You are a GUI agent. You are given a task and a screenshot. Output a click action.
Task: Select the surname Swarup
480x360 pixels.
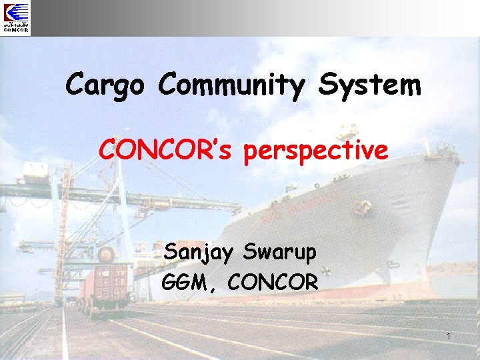point(281,253)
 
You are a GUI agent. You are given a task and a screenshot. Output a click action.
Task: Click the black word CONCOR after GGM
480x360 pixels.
point(273,282)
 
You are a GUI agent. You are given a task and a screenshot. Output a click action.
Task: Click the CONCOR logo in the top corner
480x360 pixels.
point(16,18)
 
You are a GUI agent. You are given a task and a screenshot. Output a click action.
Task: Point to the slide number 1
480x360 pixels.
point(449,337)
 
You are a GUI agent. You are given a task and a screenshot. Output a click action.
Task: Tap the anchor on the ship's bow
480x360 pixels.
point(363,207)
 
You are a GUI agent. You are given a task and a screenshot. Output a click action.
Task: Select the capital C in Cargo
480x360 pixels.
point(75,85)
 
